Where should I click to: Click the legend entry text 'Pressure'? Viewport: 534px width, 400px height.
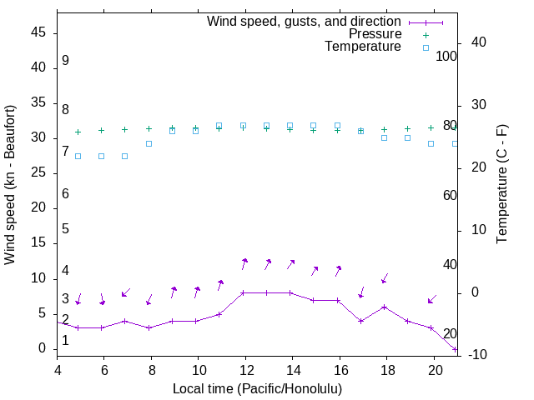[x=375, y=34]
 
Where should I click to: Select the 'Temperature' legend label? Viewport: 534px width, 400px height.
[x=363, y=47]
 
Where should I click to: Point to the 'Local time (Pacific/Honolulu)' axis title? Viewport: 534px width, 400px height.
[x=257, y=388]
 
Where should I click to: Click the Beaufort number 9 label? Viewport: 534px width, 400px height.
[x=65, y=61]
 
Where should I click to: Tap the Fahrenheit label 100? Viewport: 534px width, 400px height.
[x=446, y=56]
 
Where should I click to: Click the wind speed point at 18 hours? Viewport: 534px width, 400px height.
[x=384, y=307]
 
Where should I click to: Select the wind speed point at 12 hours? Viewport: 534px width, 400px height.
[x=243, y=292]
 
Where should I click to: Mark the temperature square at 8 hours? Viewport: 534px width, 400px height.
[x=149, y=143]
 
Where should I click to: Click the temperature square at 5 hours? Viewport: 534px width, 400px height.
[x=78, y=156]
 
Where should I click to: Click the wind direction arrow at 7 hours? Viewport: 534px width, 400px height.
[x=126, y=292]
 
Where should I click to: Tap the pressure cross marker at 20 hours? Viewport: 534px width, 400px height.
[x=431, y=127]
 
